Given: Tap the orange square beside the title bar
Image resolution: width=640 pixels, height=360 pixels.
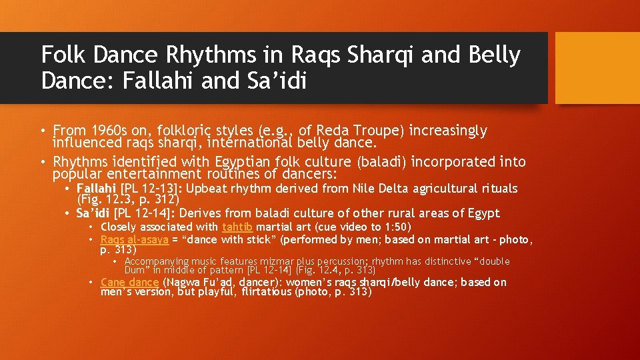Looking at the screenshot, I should (x=597, y=68).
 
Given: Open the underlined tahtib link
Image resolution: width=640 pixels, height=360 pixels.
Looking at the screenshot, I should (x=237, y=227).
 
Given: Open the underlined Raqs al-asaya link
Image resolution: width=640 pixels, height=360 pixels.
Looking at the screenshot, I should (x=134, y=239).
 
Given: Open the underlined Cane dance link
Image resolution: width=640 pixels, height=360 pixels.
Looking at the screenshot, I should (x=129, y=282).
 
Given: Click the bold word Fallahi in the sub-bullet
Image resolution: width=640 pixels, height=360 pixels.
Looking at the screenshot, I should (x=95, y=189).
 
